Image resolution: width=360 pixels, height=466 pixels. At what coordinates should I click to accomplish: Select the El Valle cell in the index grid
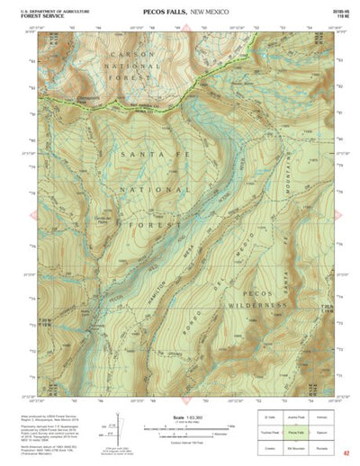[x=270, y=417]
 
